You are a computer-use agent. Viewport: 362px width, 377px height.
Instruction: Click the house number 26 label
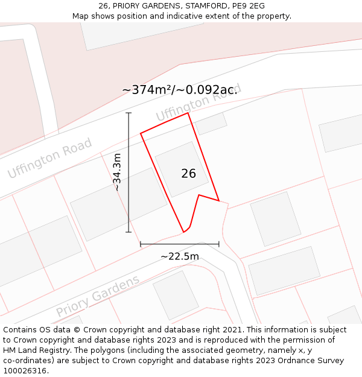click(x=188, y=174)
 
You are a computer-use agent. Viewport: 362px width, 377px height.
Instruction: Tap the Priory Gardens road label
click(x=98, y=296)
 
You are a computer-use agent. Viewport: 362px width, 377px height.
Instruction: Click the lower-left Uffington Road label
click(x=49, y=157)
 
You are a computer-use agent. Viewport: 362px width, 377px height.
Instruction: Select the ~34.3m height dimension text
click(x=117, y=172)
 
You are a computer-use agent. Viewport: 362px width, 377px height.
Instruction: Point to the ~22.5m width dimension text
click(x=180, y=256)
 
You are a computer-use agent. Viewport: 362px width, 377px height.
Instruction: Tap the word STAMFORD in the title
click(x=203, y=6)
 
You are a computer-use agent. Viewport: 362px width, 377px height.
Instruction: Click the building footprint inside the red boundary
click(x=182, y=169)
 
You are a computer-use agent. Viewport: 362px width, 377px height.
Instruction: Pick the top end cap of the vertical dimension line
click(x=129, y=113)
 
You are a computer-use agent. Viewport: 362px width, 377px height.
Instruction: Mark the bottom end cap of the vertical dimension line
click(x=129, y=232)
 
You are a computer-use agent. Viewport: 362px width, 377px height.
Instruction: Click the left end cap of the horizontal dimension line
click(x=141, y=244)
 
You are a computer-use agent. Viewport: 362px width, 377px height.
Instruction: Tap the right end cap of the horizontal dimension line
click(x=219, y=244)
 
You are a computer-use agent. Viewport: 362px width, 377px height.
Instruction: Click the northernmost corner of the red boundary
click(x=188, y=113)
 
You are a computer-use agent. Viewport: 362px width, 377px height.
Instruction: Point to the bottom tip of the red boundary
click(x=183, y=232)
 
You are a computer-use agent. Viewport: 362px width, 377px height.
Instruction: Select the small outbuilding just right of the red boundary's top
click(x=211, y=124)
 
